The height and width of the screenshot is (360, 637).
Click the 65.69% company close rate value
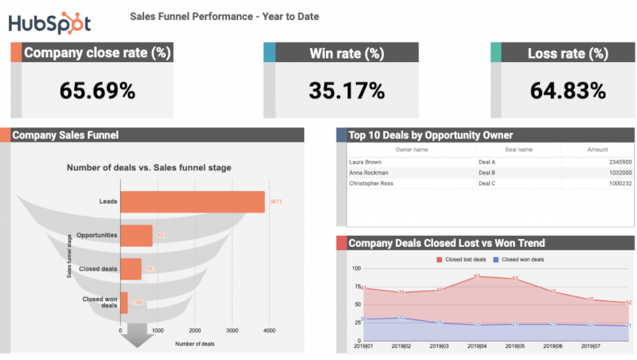97,91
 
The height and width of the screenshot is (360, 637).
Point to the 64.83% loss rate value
567,91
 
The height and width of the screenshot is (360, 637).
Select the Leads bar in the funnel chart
193,202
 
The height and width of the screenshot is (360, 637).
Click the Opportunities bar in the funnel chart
136,235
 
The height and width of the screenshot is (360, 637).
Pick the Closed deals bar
131,268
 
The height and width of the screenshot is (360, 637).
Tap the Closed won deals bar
124,303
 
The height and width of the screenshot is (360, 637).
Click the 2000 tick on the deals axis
194,330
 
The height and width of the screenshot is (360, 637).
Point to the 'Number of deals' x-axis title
195,343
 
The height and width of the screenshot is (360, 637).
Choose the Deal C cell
487,183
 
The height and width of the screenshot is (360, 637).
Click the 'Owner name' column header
412,150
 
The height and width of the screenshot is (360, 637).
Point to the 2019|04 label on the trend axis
477,347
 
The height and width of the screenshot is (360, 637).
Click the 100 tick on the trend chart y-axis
355,268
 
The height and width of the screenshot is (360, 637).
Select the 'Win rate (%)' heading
346,53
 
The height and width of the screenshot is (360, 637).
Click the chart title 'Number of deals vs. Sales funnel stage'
149,167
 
